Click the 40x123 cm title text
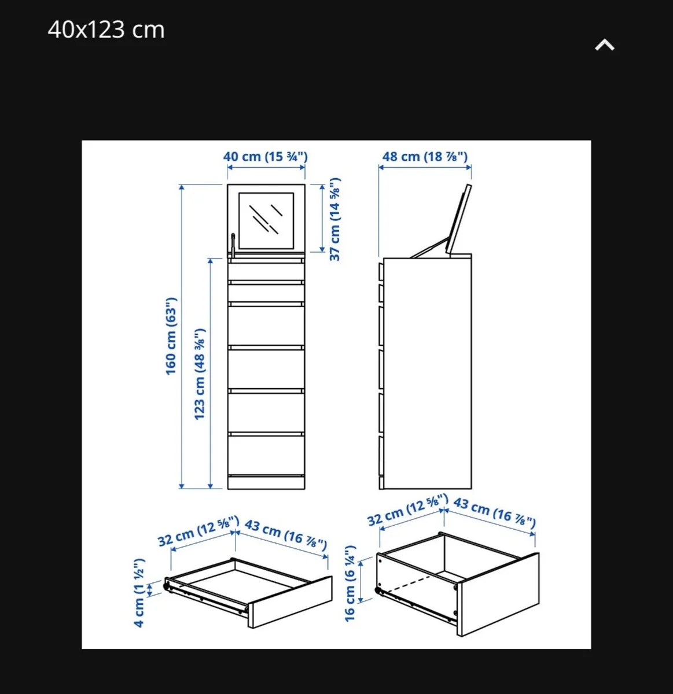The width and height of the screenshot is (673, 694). coord(106,29)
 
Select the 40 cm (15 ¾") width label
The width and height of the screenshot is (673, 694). coord(265,157)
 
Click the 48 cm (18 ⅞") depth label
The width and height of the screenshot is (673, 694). coord(425,157)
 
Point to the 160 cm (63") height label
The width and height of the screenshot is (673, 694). coord(171,336)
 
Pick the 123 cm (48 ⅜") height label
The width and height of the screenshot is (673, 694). coord(200,374)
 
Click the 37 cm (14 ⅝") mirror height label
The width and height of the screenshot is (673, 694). coord(335,219)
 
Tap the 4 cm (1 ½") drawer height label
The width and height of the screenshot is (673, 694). coord(139,593)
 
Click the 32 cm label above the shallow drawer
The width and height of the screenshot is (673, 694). coord(198,531)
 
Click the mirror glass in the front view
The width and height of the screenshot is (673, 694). coord(266,220)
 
